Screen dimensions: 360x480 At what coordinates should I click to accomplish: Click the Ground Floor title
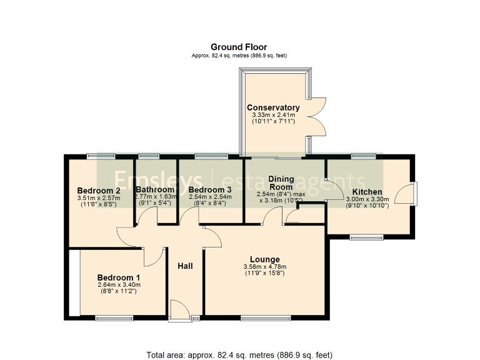[239, 47]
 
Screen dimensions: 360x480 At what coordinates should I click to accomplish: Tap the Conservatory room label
[273, 107]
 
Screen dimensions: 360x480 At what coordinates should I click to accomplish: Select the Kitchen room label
[367, 192]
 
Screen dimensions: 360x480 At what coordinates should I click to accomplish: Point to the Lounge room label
[264, 259]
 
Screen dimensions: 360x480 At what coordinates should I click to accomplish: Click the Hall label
[185, 266]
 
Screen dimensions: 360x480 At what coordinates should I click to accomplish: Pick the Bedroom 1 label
[119, 277]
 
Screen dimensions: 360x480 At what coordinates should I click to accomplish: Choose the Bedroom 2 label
[99, 191]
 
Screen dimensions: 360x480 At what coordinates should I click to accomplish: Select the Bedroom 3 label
[210, 189]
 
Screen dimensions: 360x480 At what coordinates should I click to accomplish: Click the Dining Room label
[281, 183]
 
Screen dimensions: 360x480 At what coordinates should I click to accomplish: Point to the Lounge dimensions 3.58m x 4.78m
[264, 267]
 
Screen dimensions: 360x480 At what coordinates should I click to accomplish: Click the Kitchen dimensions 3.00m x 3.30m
[367, 199]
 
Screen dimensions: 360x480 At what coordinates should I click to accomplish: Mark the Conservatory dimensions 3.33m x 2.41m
[273, 116]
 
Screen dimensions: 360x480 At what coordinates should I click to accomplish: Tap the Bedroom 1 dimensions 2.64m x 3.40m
[119, 286]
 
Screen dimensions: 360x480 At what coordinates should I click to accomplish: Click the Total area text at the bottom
[239, 355]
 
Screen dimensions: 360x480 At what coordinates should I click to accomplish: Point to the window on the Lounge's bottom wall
[266, 319]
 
